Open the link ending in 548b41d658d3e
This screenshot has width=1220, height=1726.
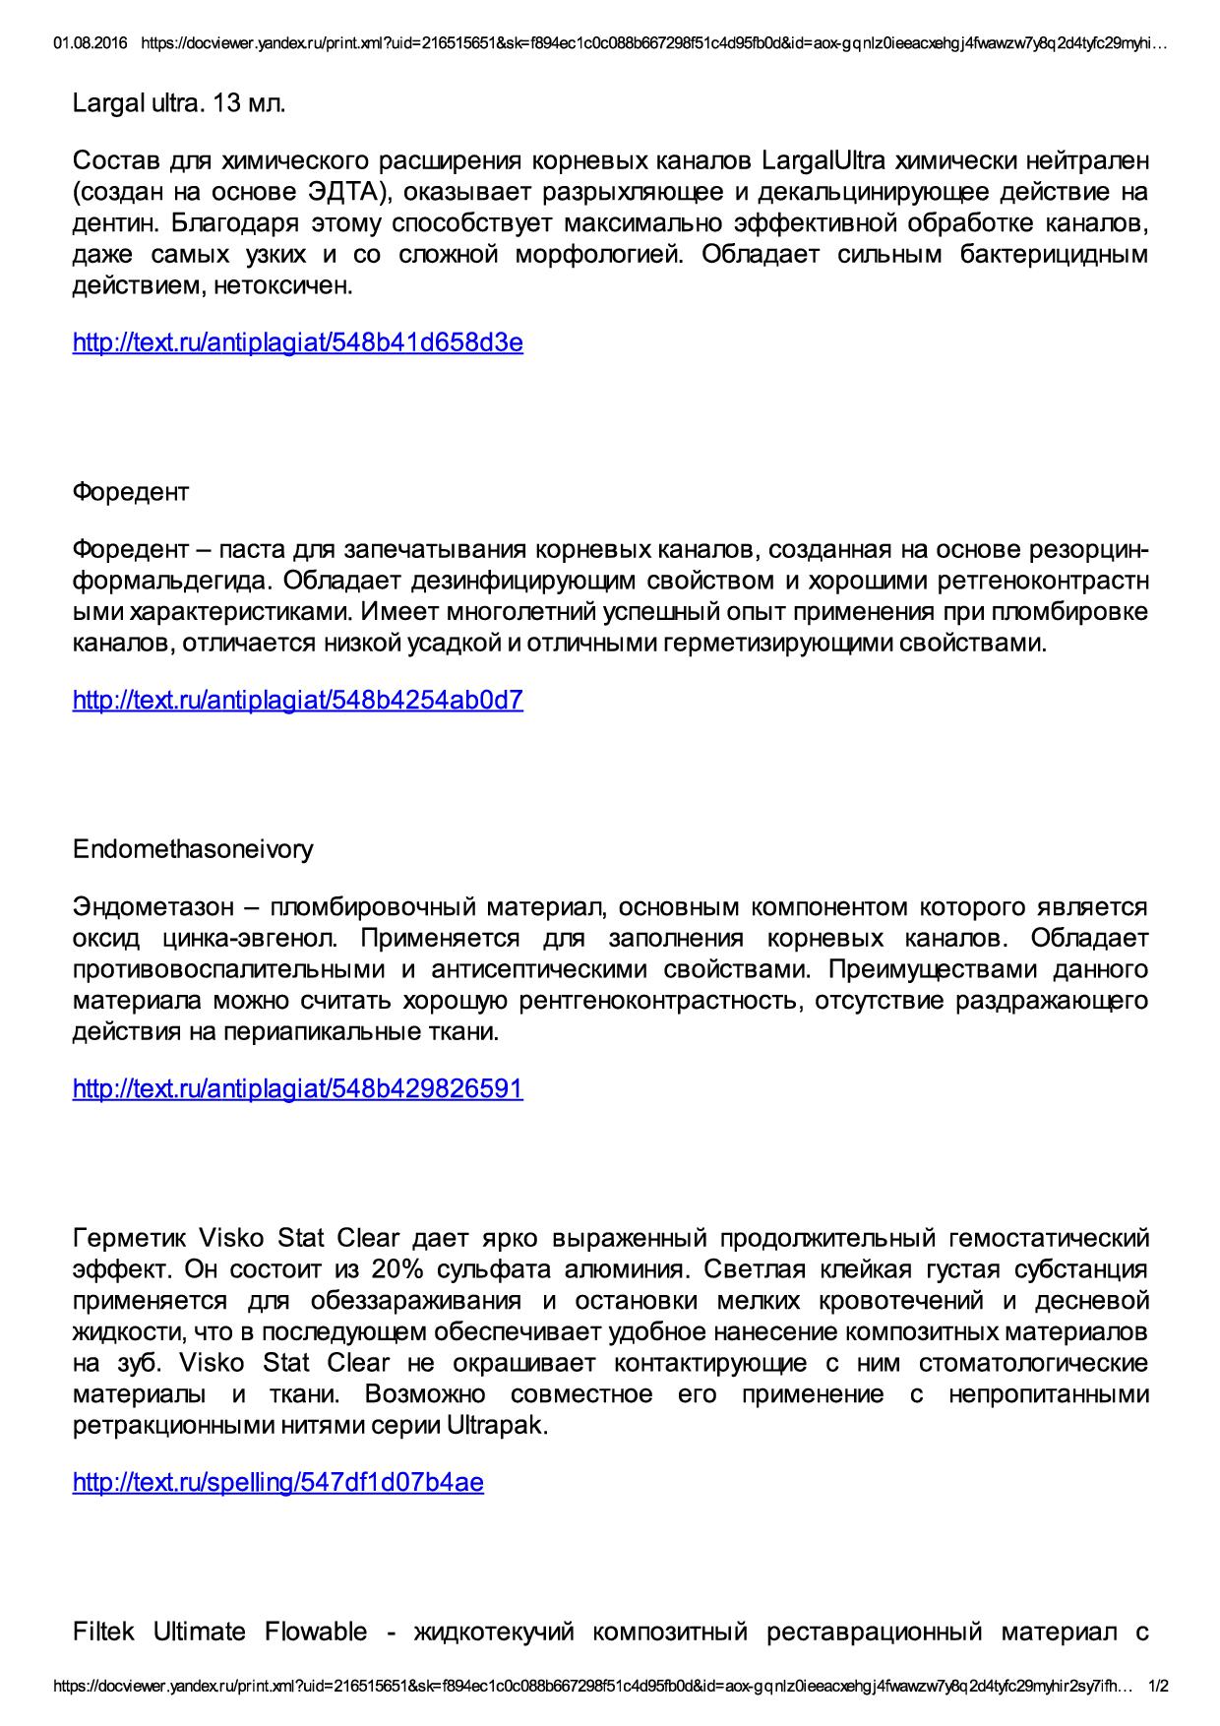click(x=297, y=342)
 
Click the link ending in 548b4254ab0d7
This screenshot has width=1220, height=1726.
click(x=297, y=701)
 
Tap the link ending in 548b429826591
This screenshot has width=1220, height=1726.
click(x=297, y=1088)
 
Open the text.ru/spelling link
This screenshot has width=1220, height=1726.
click(x=277, y=1482)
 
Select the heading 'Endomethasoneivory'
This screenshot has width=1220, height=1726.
click(x=193, y=849)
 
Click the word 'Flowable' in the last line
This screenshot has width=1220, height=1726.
click(x=315, y=1632)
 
